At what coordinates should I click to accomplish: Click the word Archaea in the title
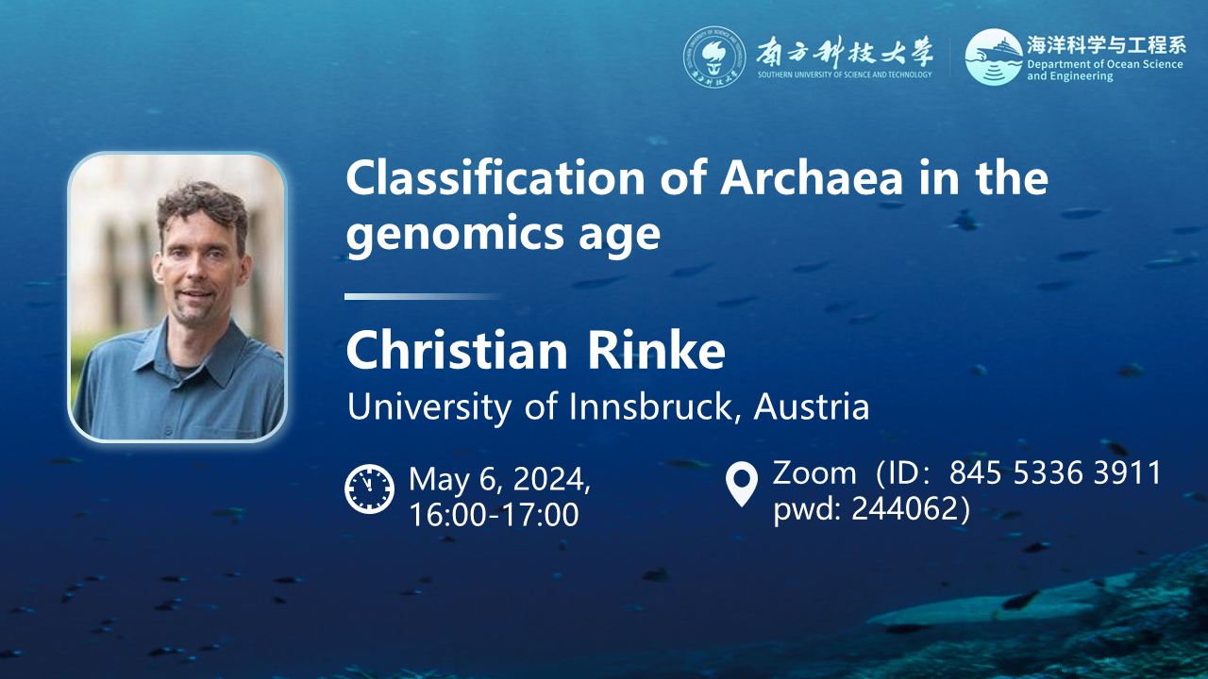[x=812, y=178]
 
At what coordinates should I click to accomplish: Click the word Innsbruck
[x=651, y=406]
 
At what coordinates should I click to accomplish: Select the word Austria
[x=812, y=406]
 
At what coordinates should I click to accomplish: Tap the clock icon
[x=369, y=489]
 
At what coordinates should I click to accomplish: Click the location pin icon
[x=742, y=484]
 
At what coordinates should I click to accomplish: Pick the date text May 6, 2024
[x=499, y=478]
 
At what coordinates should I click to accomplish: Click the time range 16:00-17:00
[x=494, y=514]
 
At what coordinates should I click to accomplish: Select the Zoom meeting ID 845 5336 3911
[x=1055, y=472]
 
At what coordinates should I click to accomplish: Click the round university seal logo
[x=714, y=58]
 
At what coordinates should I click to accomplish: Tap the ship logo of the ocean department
[x=994, y=58]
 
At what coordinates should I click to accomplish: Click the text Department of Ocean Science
[x=1104, y=64]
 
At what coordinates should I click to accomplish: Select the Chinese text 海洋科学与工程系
[x=1106, y=44]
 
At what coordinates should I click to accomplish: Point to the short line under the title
[x=424, y=296]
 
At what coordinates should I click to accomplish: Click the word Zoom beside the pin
[x=814, y=473]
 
